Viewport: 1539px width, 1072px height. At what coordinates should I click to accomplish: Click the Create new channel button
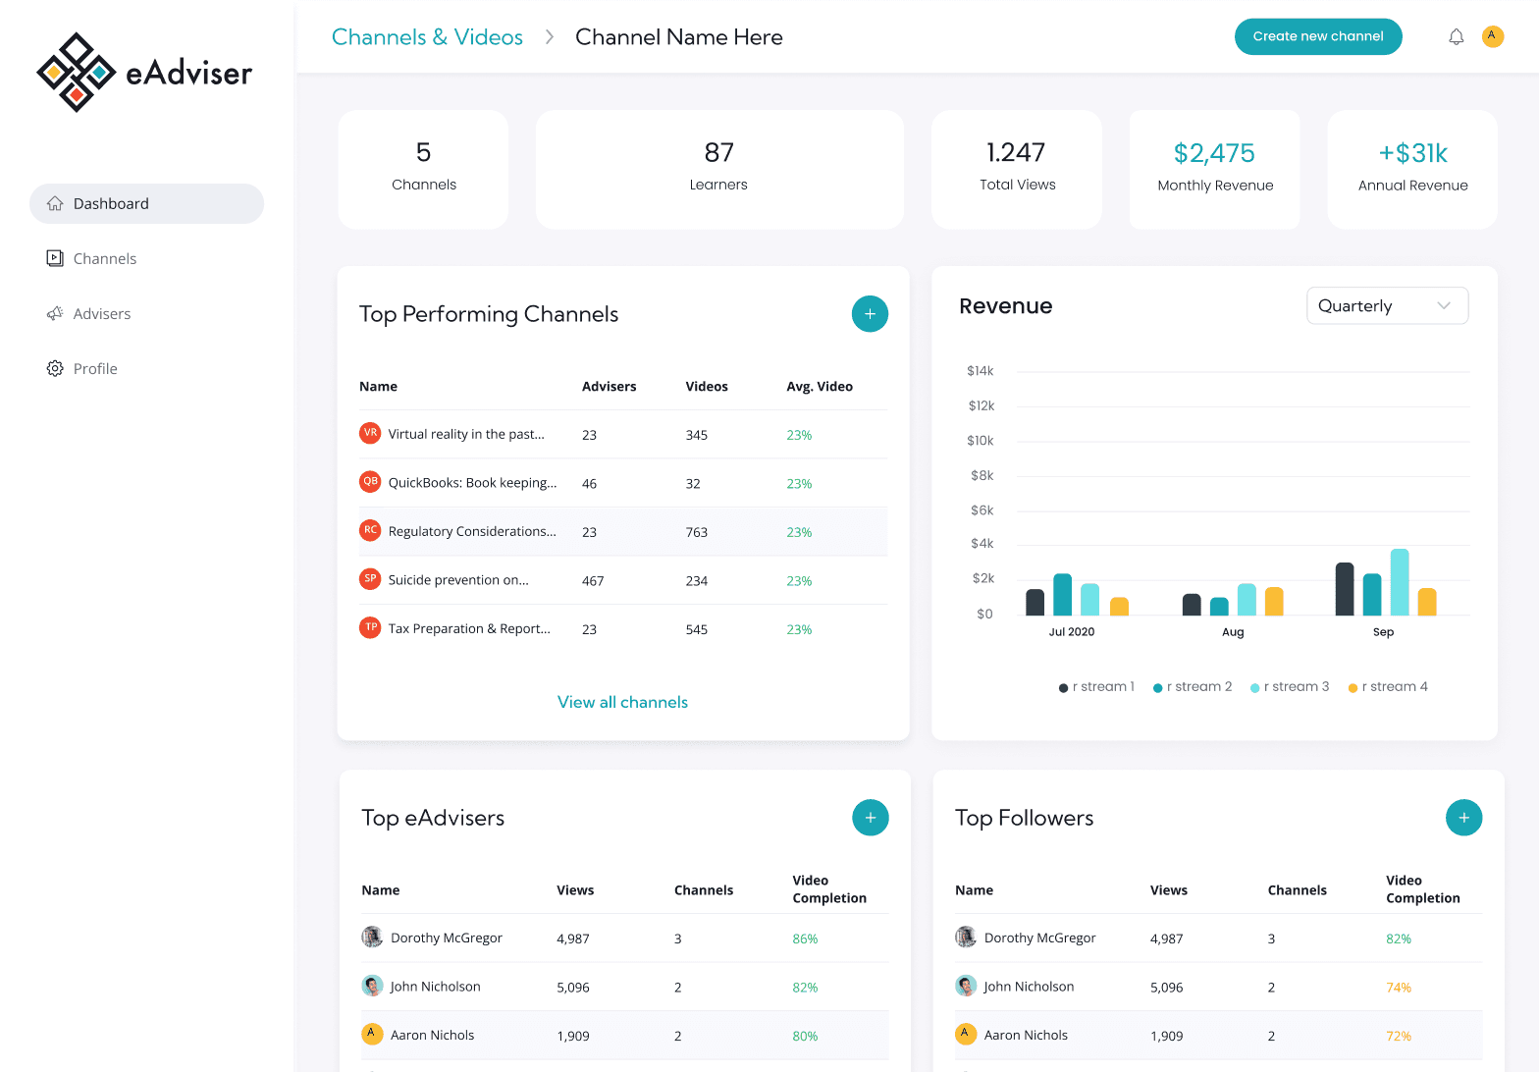click(x=1317, y=36)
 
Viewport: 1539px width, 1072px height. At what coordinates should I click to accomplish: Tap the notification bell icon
click(x=1456, y=36)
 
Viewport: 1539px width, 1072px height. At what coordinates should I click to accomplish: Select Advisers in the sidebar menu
click(x=101, y=314)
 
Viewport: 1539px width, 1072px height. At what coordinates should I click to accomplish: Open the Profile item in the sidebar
click(x=95, y=369)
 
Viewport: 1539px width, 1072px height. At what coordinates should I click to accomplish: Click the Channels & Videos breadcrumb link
click(x=427, y=37)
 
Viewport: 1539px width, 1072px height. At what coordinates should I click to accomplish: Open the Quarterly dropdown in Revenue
click(x=1386, y=306)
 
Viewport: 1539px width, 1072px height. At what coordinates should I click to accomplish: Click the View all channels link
click(x=622, y=702)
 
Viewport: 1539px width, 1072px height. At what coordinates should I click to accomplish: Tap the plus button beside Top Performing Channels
click(x=870, y=314)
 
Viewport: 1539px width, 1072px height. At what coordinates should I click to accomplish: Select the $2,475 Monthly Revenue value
click(x=1214, y=153)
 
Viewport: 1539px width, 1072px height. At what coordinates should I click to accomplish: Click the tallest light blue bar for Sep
click(x=1400, y=581)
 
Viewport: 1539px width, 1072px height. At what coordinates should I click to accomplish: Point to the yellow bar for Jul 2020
click(x=1119, y=606)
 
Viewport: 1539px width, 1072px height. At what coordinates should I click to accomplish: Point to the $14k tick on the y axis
click(x=980, y=371)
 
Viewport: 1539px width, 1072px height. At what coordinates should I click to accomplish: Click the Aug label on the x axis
click(x=1233, y=632)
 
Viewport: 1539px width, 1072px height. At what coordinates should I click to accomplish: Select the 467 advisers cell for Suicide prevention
click(x=593, y=581)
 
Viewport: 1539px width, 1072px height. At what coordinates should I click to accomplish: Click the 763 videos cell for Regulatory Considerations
click(x=696, y=532)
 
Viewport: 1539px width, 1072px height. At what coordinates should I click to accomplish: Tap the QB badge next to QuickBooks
click(x=370, y=481)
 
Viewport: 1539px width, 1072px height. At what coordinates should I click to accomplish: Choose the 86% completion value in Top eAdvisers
click(x=805, y=939)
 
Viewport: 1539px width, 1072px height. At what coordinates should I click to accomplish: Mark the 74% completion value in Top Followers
click(x=1398, y=988)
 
